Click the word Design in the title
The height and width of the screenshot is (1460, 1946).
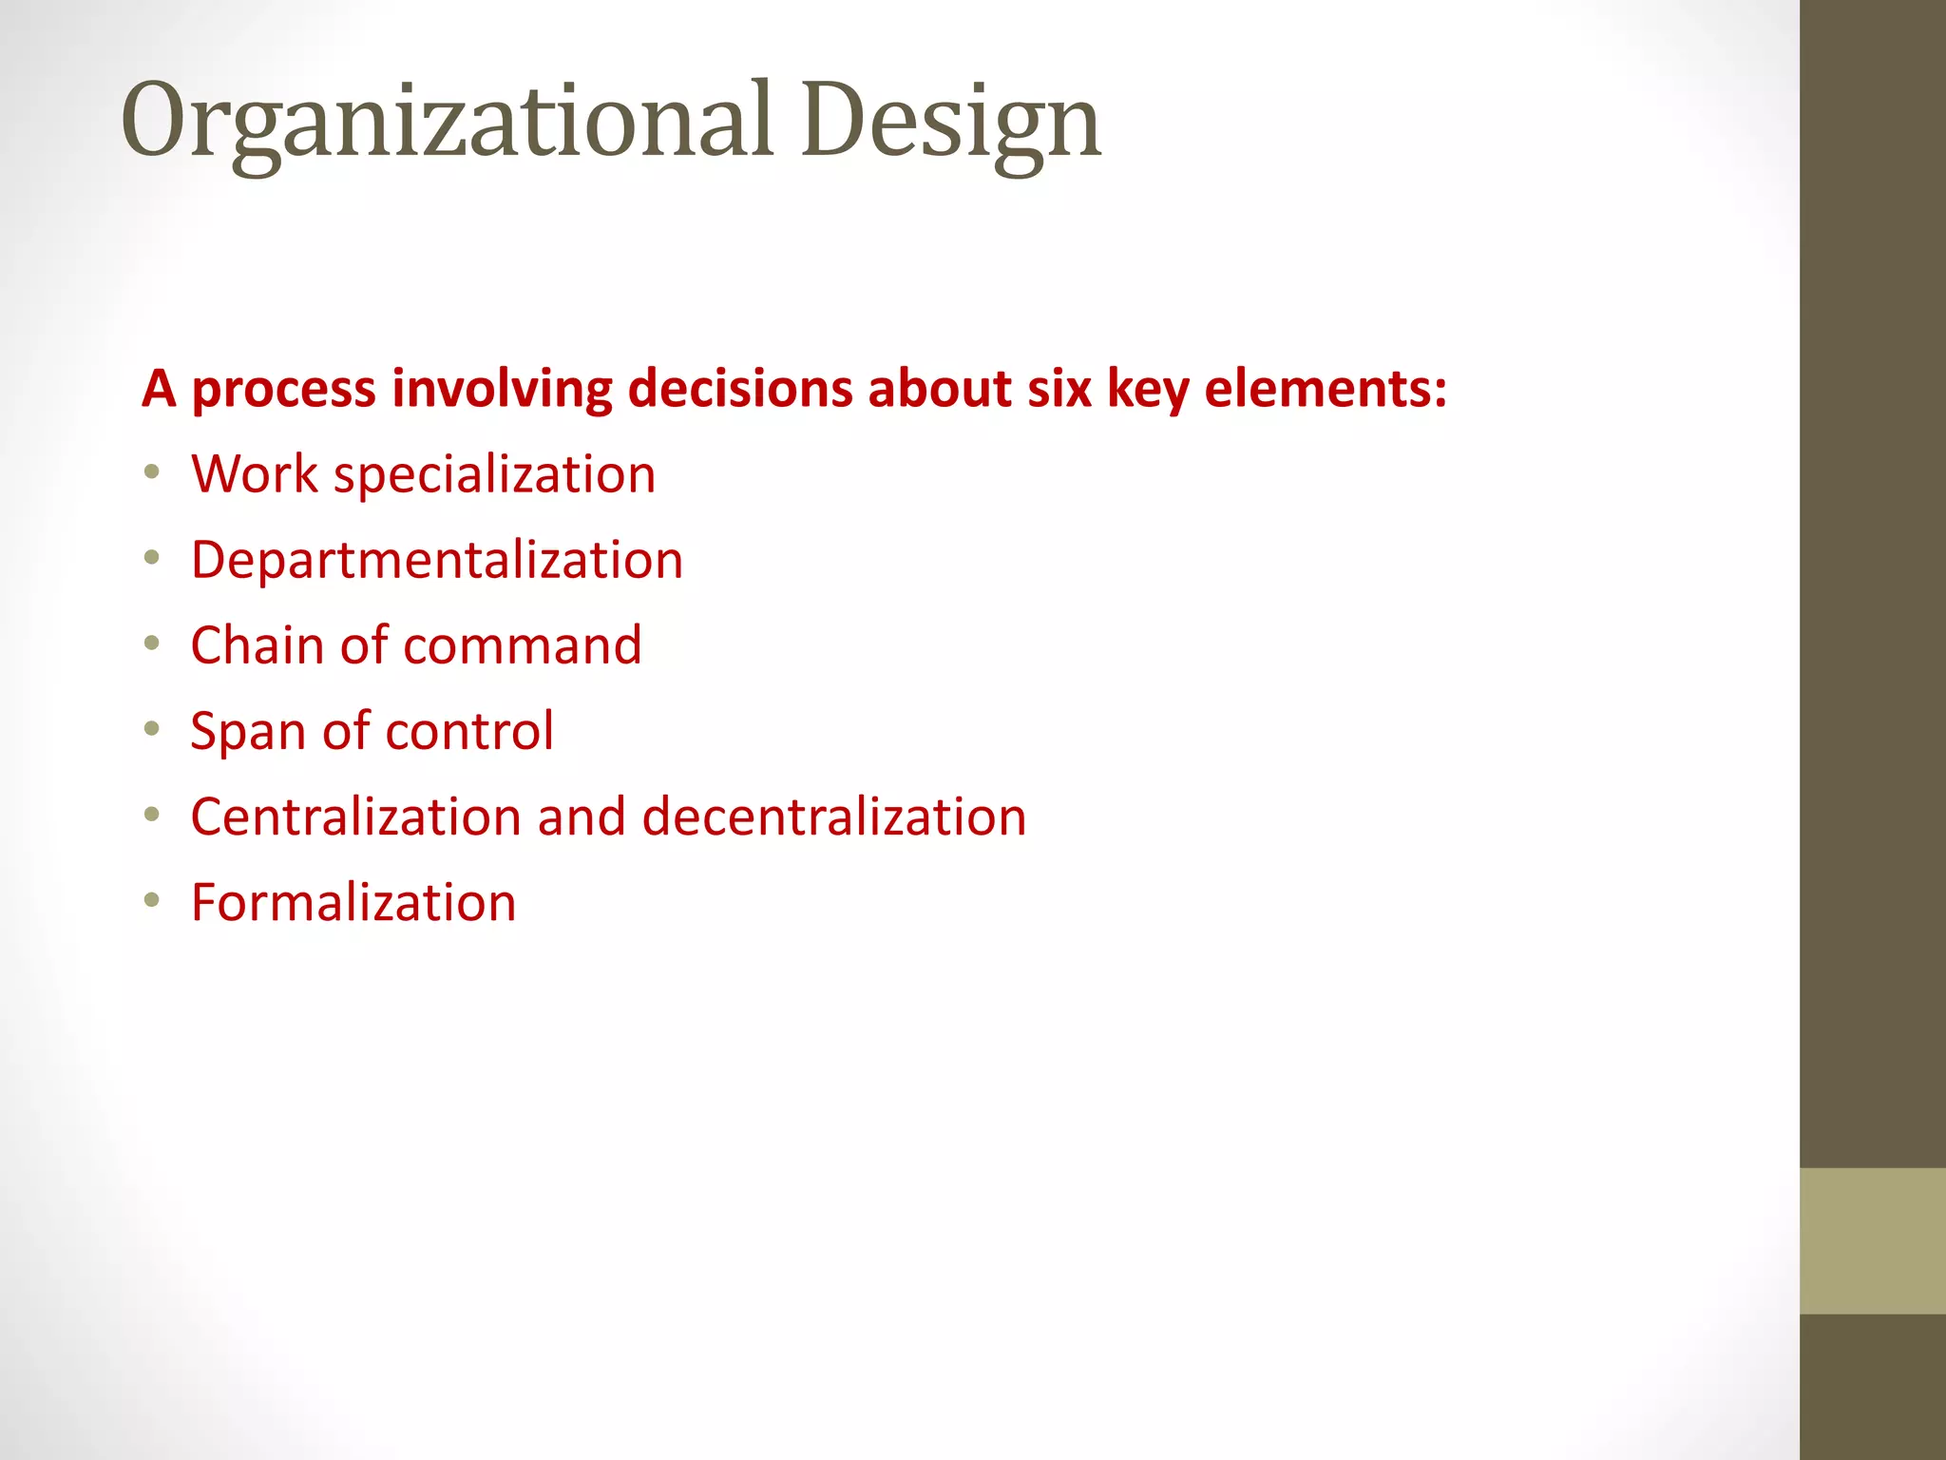click(950, 122)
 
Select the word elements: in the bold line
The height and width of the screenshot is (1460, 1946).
click(1326, 389)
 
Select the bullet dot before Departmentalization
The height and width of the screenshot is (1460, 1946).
click(152, 557)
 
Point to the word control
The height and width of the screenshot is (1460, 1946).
click(469, 731)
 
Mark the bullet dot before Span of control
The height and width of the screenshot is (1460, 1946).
click(152, 728)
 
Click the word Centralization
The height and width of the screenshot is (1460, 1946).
click(355, 816)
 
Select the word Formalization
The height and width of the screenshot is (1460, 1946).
click(353, 902)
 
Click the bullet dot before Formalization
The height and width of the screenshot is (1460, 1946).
click(152, 899)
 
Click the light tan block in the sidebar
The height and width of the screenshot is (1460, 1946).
click(1872, 1240)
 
